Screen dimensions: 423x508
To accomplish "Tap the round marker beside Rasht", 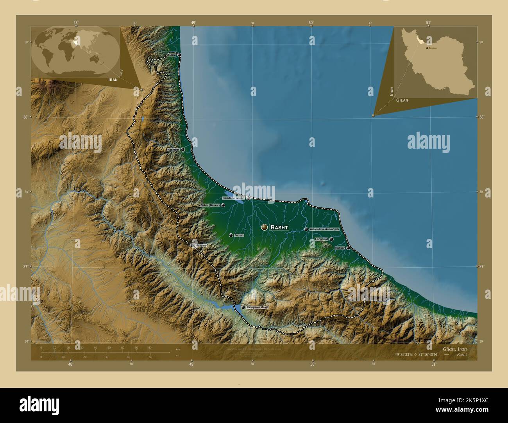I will [x=265, y=227].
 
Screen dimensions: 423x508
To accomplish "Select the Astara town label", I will [x=171, y=55].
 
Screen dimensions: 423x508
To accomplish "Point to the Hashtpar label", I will [x=173, y=149].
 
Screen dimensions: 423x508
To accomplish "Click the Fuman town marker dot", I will [x=231, y=235].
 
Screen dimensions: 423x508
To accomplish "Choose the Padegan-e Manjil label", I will [x=258, y=307].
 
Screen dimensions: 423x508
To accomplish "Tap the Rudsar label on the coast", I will [x=340, y=248].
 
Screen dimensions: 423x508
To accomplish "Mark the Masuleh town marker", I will [x=193, y=245].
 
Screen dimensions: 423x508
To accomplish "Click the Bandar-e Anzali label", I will [x=234, y=198].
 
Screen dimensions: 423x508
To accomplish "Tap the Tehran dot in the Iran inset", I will [x=427, y=48].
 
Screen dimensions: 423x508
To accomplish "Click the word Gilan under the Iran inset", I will [x=402, y=100].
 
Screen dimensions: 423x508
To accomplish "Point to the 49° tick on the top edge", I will [x=193, y=23].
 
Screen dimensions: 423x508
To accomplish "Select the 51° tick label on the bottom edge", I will [x=433, y=364].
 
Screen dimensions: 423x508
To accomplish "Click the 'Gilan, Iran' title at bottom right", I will [x=454, y=348].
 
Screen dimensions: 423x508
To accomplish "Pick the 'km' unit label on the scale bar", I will [x=178, y=348].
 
